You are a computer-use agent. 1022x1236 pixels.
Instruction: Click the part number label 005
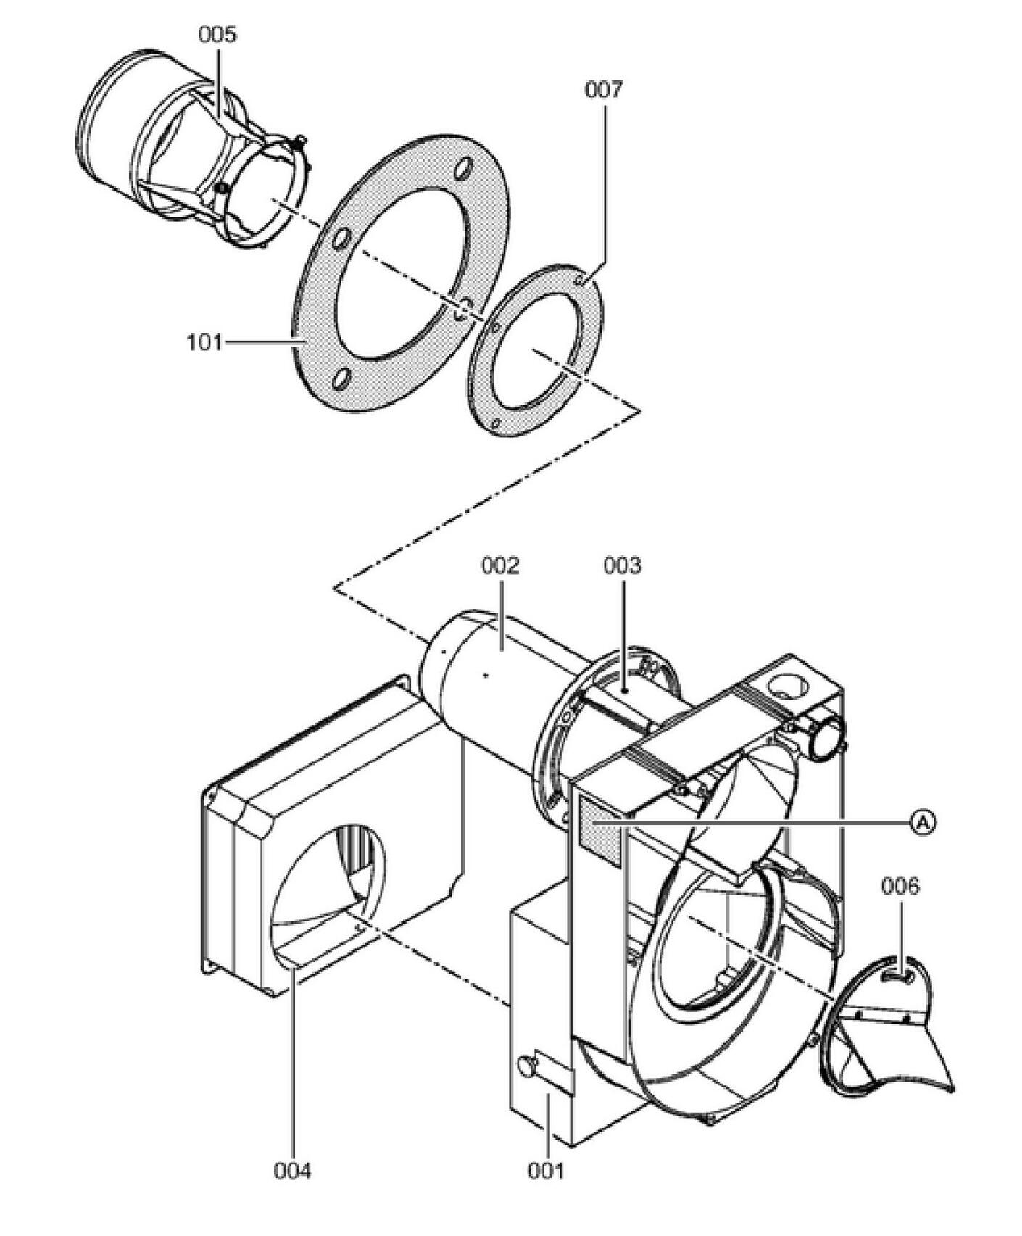pyautogui.click(x=217, y=35)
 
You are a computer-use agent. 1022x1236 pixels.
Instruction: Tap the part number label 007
pyautogui.click(x=604, y=90)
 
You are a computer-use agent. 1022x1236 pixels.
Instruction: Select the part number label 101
pyautogui.click(x=205, y=341)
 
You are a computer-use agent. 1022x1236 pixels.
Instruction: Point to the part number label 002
pyautogui.click(x=500, y=565)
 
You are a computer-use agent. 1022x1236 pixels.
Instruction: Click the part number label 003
pyautogui.click(x=622, y=565)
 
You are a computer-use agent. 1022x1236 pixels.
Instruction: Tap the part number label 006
pyautogui.click(x=900, y=886)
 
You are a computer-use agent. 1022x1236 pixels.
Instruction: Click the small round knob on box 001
pyautogui.click(x=525, y=1065)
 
